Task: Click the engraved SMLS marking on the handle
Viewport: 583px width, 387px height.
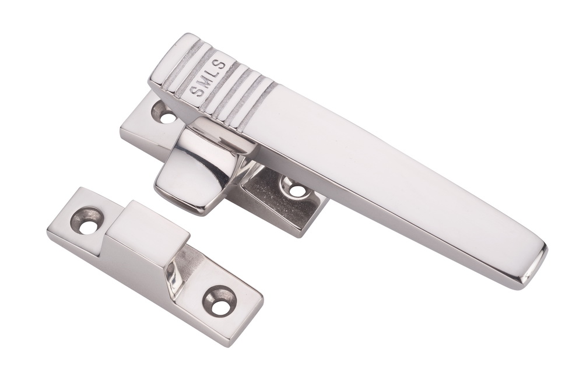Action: [209, 78]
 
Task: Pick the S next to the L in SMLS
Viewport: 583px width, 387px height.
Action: [221, 65]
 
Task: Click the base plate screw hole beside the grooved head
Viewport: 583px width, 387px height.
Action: [164, 112]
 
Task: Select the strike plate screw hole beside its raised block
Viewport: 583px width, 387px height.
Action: [87, 221]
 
